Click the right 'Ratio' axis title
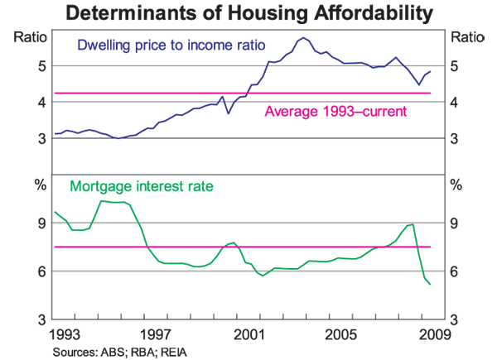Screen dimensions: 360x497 [466, 36]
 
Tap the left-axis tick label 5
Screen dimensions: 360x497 [41, 65]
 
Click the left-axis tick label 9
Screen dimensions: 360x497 [41, 223]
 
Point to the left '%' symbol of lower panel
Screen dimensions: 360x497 [40, 184]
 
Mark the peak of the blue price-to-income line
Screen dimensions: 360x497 [303, 37]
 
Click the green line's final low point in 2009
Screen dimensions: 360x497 [430, 285]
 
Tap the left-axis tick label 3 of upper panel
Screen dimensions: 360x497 [41, 138]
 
